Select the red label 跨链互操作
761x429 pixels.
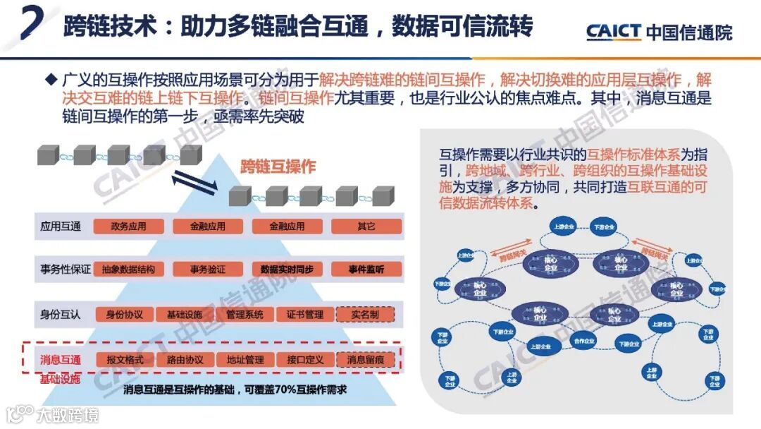pyautogui.click(x=278, y=167)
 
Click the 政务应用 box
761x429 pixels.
pyautogui.click(x=128, y=226)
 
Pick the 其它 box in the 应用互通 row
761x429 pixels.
pyautogui.click(x=366, y=226)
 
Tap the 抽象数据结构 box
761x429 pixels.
pyautogui.click(x=128, y=270)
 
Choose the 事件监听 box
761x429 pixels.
pyautogui.click(x=366, y=270)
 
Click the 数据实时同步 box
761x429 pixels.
pyautogui.click(x=287, y=270)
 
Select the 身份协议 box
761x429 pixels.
pyautogui.click(x=125, y=314)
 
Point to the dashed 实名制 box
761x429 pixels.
pyautogui.click(x=366, y=314)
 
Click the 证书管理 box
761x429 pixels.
pyautogui.click(x=305, y=314)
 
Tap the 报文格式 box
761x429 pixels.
pyautogui.click(x=125, y=359)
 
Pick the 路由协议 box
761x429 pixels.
pyautogui.click(x=185, y=359)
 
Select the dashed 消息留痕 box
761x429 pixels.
pyautogui.click(x=366, y=359)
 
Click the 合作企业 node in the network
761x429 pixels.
pyautogui.click(x=584, y=342)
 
